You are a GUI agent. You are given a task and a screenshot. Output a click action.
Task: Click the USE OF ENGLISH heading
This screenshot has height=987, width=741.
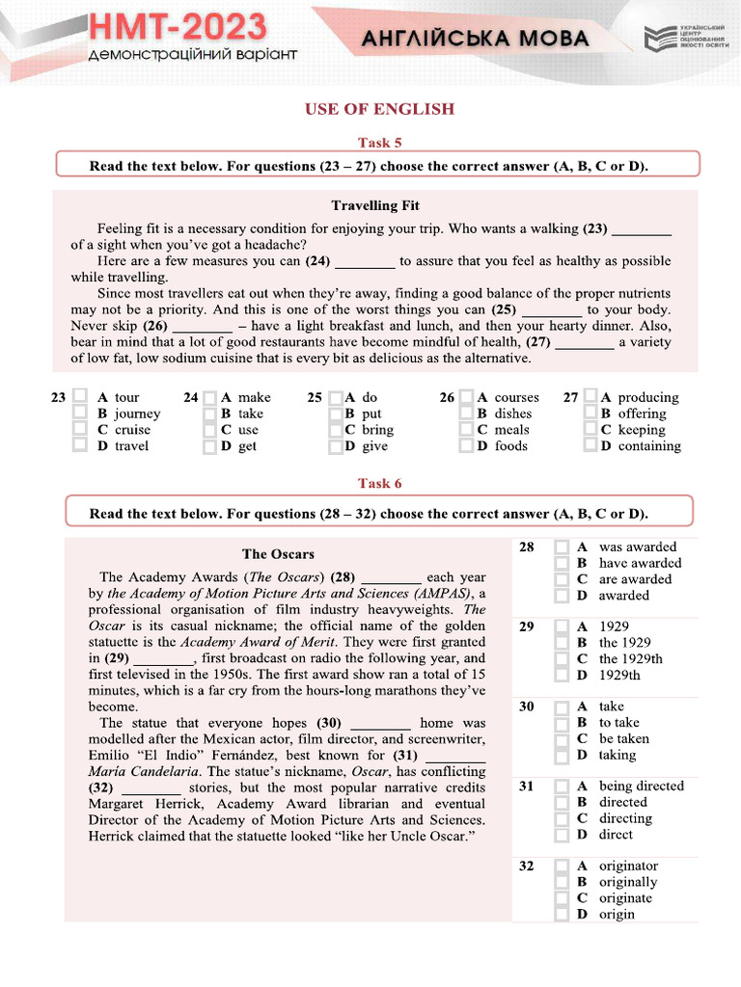click(379, 109)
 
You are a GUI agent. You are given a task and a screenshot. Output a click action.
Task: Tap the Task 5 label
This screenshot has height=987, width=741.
click(379, 143)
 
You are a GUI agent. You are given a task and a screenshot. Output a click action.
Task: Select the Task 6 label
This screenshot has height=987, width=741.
click(379, 483)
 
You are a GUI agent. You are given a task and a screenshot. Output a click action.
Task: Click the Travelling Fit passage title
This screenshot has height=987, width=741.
click(375, 205)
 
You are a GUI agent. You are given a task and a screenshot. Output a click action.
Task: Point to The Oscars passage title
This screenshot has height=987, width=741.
click(278, 553)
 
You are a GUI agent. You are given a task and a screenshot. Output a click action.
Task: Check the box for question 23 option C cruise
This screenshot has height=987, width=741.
click(80, 430)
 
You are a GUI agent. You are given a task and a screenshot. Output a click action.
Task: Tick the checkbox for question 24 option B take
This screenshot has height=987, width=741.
click(209, 413)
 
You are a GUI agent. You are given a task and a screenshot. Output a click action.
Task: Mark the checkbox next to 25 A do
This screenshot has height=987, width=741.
click(335, 397)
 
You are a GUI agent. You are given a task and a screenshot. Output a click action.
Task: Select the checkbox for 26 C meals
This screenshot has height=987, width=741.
click(467, 430)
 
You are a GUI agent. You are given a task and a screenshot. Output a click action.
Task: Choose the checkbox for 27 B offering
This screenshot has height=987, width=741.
click(590, 413)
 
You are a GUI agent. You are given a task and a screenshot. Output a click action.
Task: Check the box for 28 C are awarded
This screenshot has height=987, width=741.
click(562, 579)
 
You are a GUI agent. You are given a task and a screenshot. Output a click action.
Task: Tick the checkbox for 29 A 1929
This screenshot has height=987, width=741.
click(562, 627)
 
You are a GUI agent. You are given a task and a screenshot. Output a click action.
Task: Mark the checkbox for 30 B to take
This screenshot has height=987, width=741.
click(562, 722)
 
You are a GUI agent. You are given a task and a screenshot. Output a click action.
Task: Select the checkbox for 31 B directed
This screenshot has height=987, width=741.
click(562, 802)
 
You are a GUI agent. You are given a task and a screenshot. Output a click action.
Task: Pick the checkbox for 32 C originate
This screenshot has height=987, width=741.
click(562, 898)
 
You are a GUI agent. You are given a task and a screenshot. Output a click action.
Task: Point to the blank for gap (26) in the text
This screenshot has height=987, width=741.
click(202, 326)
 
